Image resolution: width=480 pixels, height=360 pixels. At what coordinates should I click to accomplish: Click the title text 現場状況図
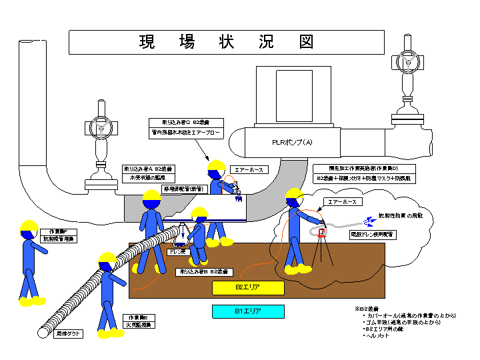(x=227, y=42)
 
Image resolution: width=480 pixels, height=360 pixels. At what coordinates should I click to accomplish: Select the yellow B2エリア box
(x=248, y=287)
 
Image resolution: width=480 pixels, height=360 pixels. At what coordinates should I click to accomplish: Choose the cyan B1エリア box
(x=248, y=311)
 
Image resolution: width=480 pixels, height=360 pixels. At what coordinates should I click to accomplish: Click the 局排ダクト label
(x=69, y=333)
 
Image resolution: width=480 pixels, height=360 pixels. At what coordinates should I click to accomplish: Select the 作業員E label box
(x=139, y=321)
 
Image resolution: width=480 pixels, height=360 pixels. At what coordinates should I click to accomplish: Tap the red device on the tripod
(x=321, y=232)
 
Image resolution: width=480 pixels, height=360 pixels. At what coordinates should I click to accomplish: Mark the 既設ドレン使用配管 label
(x=373, y=235)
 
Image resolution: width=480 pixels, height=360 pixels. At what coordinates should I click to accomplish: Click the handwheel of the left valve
(x=100, y=126)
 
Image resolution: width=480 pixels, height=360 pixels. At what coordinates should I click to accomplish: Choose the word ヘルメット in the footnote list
(x=377, y=336)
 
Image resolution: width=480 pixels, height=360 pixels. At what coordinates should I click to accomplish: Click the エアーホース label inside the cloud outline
(x=341, y=201)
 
